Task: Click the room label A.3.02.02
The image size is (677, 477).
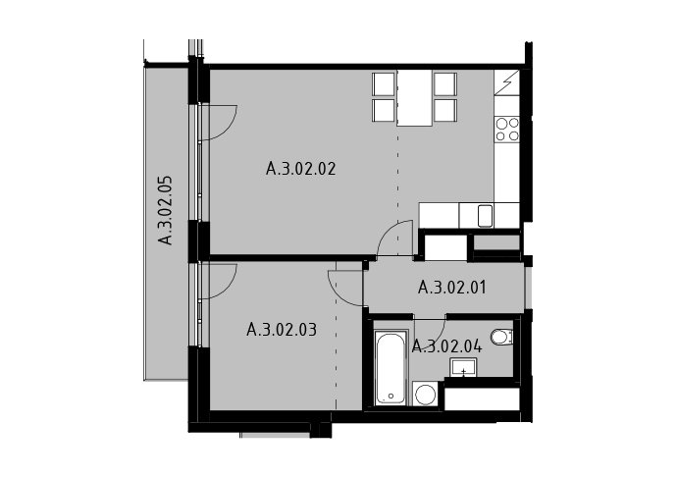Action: [300, 169]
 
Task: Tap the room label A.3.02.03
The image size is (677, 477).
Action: [282, 330]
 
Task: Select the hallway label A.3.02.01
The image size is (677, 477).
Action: [452, 288]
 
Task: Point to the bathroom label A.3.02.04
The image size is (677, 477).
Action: [447, 346]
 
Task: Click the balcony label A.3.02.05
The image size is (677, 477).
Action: [165, 210]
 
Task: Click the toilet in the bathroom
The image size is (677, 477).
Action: [502, 337]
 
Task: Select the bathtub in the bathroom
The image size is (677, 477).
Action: [391, 368]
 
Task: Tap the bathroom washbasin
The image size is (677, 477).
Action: [463, 368]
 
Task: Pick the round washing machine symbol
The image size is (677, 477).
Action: [425, 394]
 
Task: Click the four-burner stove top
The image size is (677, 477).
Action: [507, 130]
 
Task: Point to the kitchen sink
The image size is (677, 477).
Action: [485, 216]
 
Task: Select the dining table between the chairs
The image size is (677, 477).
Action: [414, 97]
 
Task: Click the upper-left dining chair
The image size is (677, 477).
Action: [384, 83]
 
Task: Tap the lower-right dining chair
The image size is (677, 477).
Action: [445, 110]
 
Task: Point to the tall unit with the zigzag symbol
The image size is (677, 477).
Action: [507, 82]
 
